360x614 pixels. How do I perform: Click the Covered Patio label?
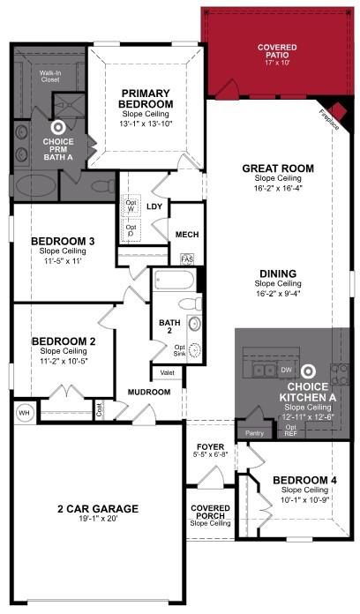coord(276,47)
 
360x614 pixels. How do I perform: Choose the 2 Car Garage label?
coord(97,509)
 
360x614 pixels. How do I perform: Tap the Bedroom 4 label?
coord(297,480)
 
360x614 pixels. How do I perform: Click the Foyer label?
coord(210,446)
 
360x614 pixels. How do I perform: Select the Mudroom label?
coord(148,392)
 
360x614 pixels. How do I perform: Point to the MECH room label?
coord(186,234)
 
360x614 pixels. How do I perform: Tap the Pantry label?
coord(255,433)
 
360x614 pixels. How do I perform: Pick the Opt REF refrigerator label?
coord(291,431)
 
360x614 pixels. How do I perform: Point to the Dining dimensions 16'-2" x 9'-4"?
coord(278,293)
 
